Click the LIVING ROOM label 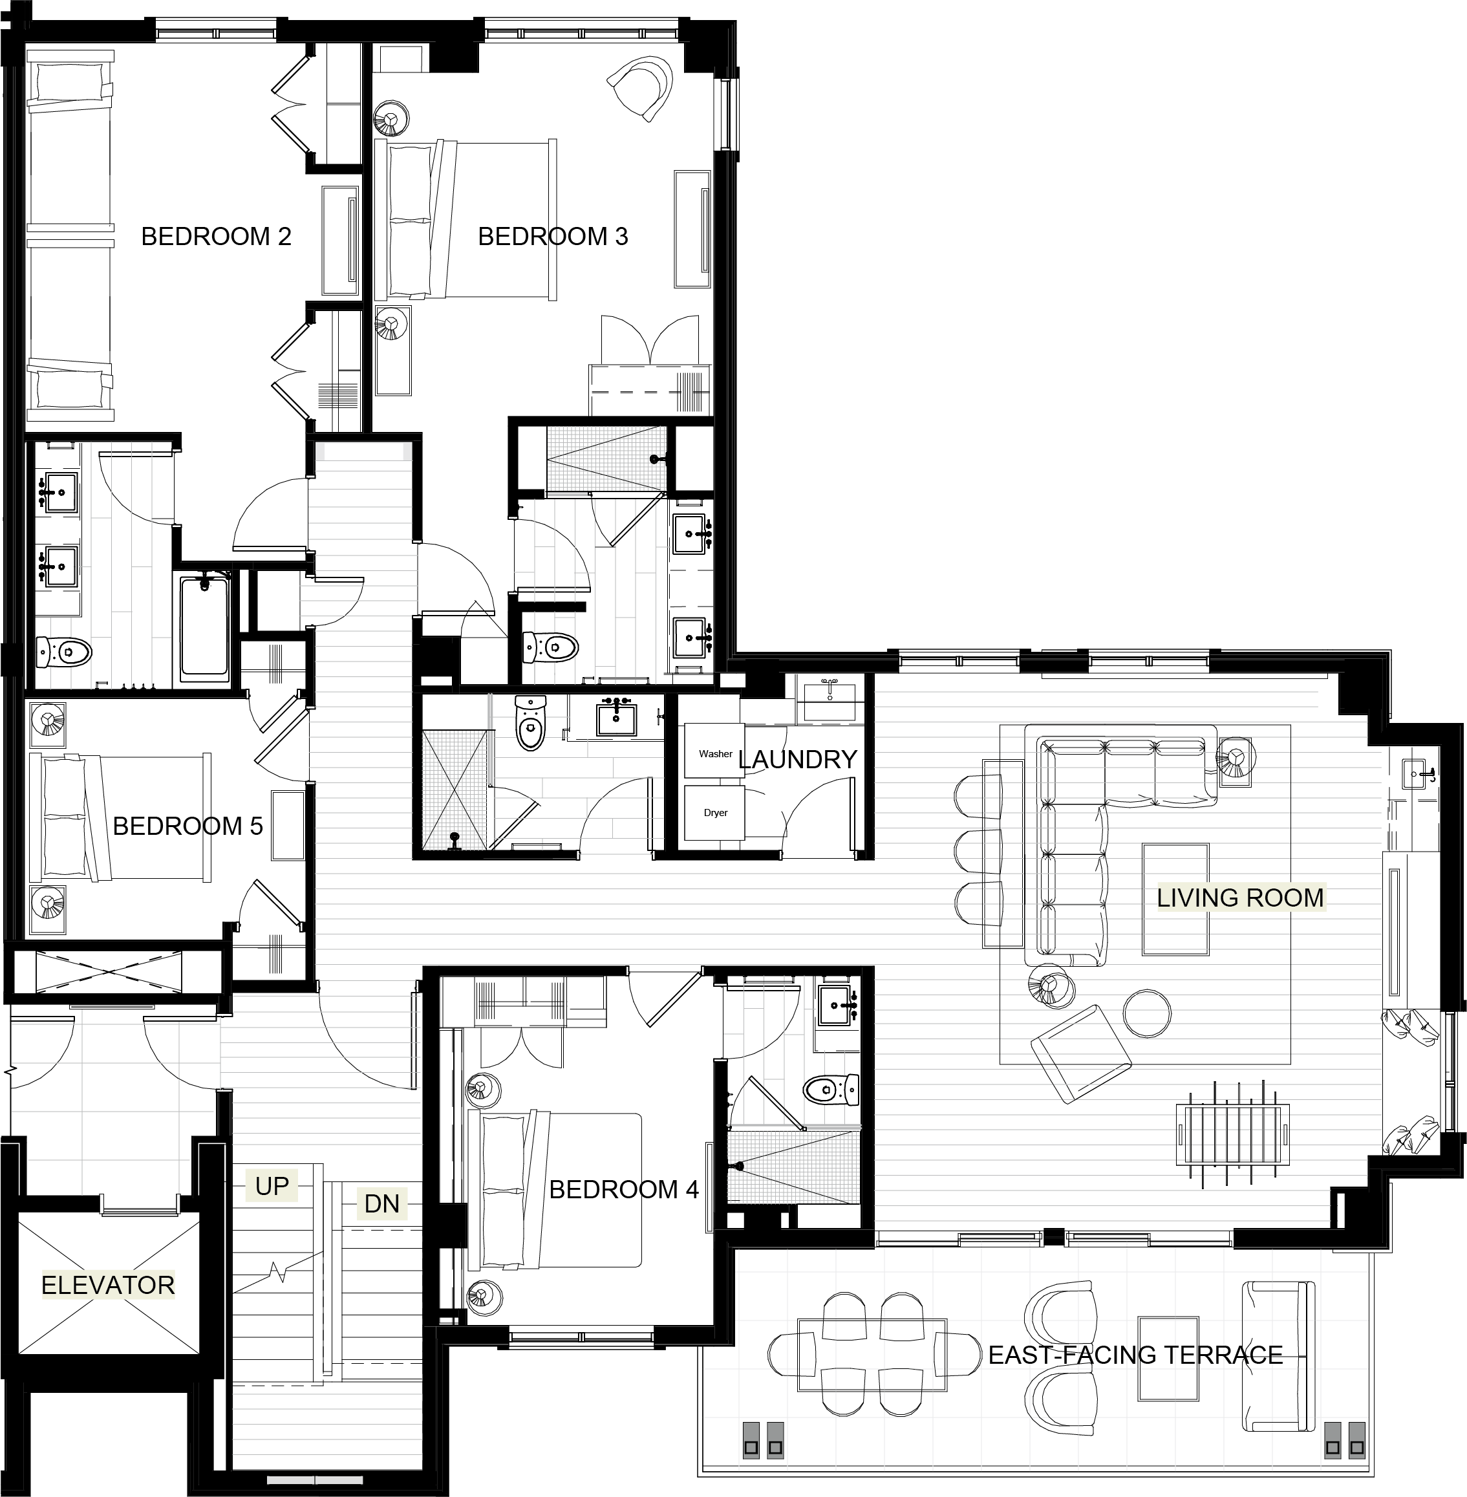click(x=1241, y=898)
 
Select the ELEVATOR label click(x=109, y=1285)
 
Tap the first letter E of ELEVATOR click(x=48, y=1285)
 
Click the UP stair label click(x=271, y=1187)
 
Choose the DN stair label click(x=381, y=1203)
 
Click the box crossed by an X click(x=455, y=790)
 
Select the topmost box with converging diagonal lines click(x=606, y=459)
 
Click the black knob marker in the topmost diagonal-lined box click(x=654, y=460)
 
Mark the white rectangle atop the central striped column click(x=363, y=451)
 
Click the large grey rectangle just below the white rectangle click(x=360, y=518)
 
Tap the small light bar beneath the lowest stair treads click(x=314, y=1480)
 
